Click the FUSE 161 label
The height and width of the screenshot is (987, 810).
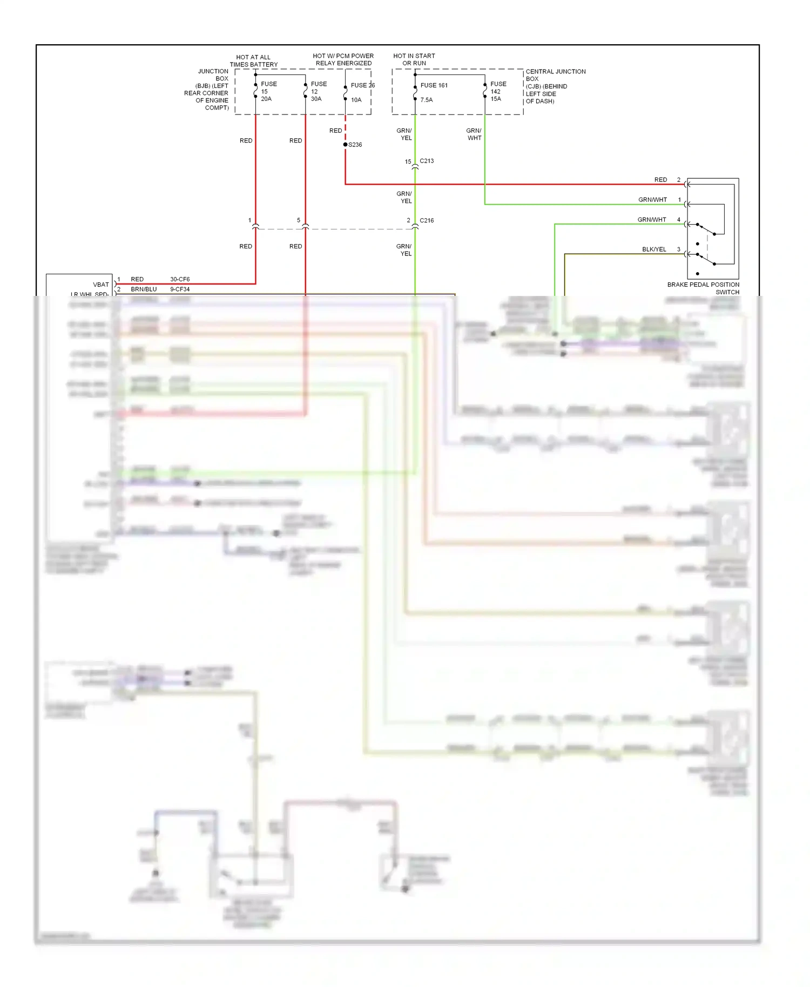pos(434,85)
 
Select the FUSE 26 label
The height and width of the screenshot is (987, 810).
pos(362,85)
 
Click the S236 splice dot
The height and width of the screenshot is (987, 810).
pos(346,145)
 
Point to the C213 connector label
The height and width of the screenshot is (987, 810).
pos(427,161)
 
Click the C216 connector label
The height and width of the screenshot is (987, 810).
pos(427,220)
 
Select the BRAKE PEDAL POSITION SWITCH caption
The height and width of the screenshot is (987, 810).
pos(703,288)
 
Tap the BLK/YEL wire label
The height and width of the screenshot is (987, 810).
pos(654,249)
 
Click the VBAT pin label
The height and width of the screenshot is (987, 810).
pos(101,285)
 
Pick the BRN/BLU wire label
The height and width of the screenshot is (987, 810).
pos(144,289)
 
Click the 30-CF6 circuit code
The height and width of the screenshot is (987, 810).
pos(180,279)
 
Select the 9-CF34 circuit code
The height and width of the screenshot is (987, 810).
pos(180,289)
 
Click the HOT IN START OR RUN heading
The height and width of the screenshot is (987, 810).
pos(414,59)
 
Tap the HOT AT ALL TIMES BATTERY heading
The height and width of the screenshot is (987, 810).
pos(253,60)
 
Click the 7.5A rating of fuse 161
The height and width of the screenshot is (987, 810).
pos(427,100)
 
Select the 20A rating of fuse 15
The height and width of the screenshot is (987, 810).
pos(266,99)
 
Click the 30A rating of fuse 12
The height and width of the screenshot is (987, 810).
pos(316,99)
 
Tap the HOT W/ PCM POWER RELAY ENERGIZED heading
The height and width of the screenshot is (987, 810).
pos(343,59)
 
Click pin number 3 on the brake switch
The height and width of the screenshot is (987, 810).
pos(679,249)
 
